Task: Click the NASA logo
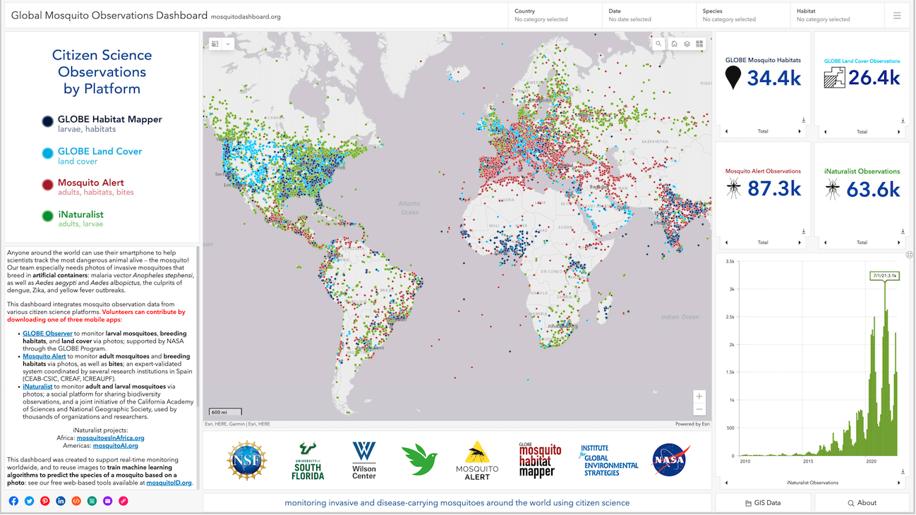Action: coord(670,460)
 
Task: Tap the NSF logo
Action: coord(247,460)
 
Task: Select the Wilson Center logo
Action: coord(364,460)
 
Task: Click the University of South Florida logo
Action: coord(308,460)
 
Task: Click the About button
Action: coord(862,503)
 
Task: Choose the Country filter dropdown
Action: coord(555,15)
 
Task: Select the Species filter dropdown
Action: coord(742,15)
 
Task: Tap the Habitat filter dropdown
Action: coord(836,15)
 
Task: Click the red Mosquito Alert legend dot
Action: coord(47,185)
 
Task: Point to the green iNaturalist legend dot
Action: coord(47,217)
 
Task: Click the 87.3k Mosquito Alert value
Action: coord(773,189)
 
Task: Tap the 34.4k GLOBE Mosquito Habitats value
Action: coord(773,78)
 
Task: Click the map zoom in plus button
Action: coord(699,396)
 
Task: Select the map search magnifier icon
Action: coord(658,44)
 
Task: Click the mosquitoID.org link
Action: coord(169,483)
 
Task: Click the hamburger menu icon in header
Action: coord(897,15)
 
